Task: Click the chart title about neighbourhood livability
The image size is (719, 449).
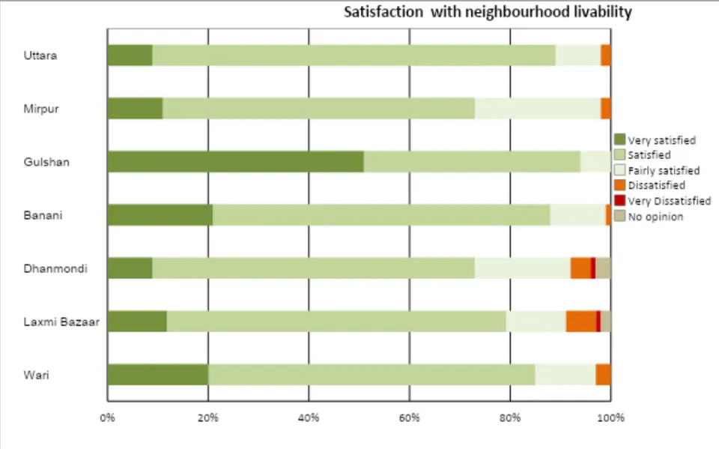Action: (488, 12)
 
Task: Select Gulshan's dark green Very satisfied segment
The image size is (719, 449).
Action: (236, 162)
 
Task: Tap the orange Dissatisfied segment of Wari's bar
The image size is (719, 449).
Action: (603, 375)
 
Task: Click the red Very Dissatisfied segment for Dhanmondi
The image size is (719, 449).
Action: (593, 268)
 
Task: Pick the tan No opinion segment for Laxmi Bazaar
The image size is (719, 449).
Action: (606, 322)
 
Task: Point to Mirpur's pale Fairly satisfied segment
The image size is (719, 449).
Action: (538, 109)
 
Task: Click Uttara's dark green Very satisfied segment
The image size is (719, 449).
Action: (130, 55)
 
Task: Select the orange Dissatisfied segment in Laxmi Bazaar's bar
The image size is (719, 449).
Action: (581, 322)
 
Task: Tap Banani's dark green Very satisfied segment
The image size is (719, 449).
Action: (160, 215)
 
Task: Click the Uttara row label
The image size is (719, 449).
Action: (40, 55)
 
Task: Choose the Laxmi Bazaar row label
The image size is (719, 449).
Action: (61, 322)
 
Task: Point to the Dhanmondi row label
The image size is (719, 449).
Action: (55, 268)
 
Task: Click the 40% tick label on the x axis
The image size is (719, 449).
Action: (309, 418)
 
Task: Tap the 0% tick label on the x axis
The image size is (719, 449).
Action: (107, 418)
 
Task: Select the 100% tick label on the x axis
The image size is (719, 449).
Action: (611, 418)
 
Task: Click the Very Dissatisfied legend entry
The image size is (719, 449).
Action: (663, 201)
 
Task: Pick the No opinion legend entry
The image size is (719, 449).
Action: (649, 217)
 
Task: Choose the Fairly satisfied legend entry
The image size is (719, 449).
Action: (657, 170)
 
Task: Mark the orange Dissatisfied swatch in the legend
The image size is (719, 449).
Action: (619, 185)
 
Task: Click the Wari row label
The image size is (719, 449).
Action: (36, 375)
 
